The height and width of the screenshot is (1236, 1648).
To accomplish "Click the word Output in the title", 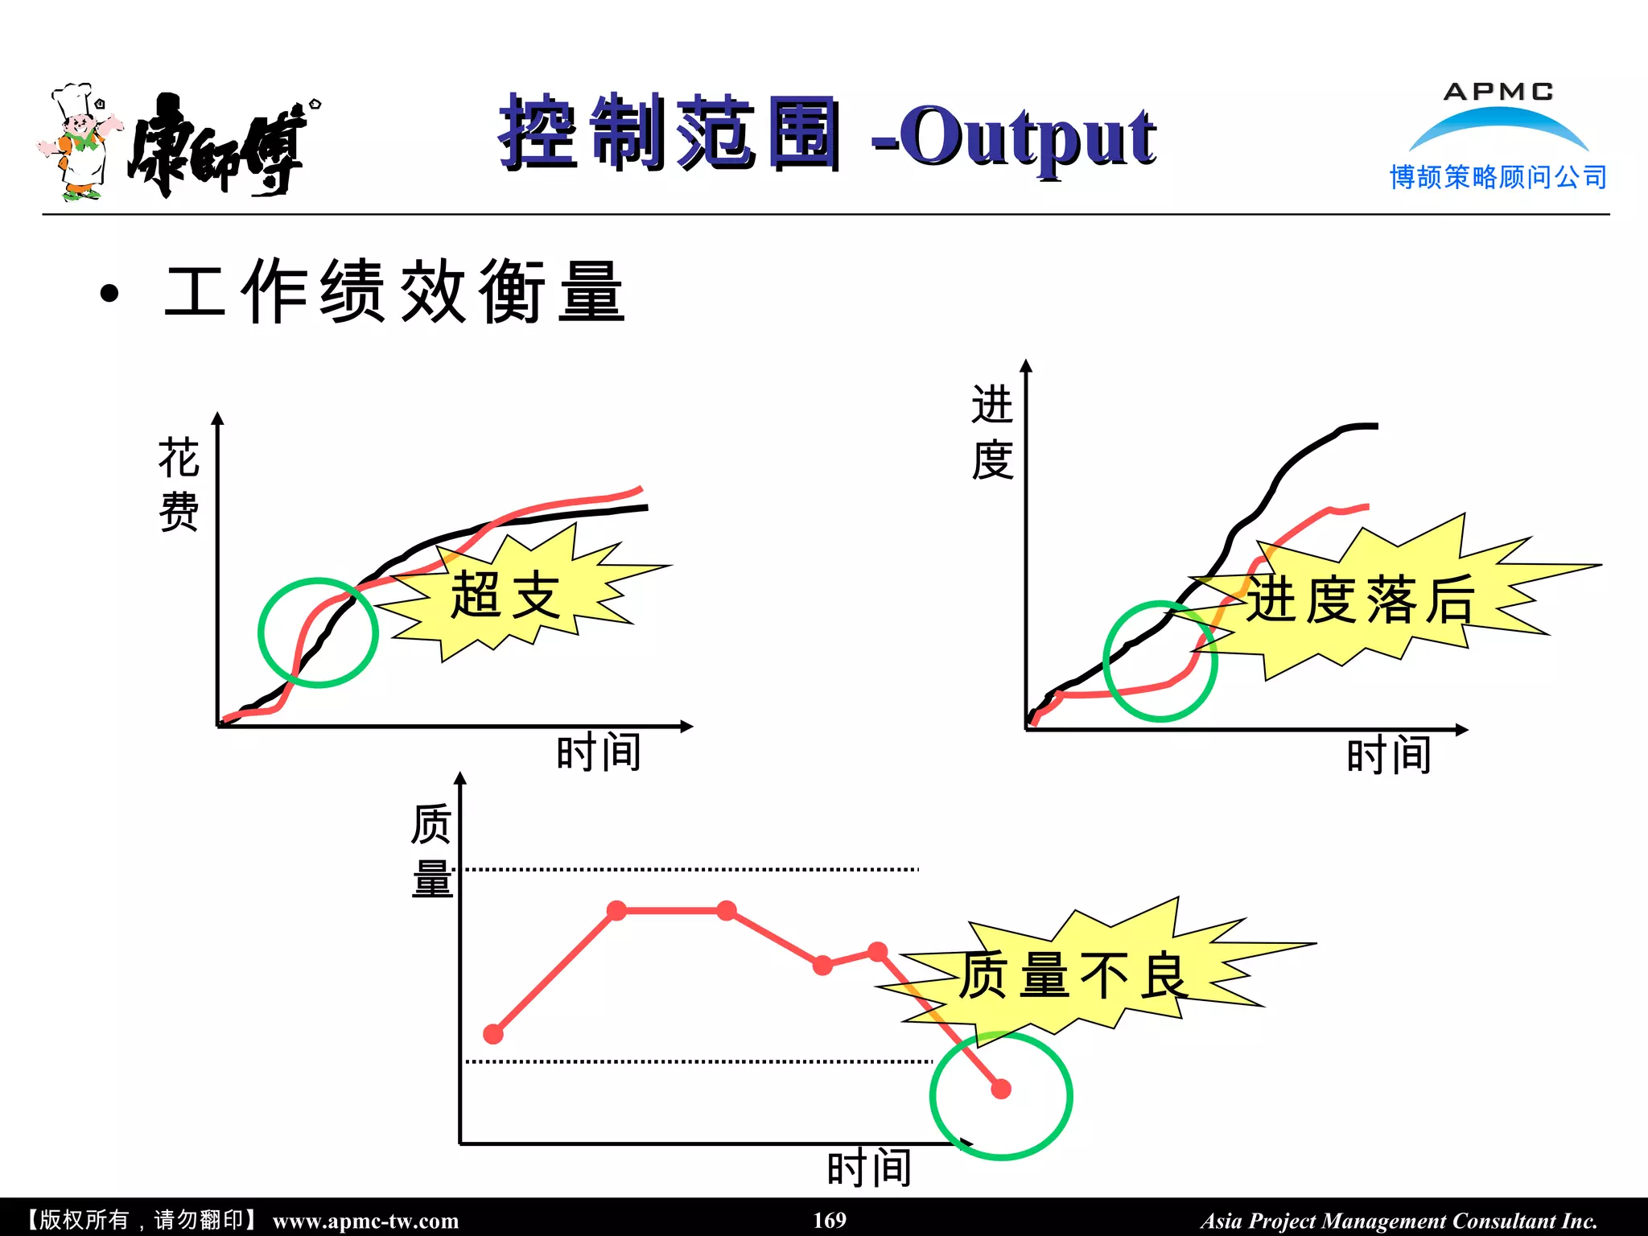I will click(1027, 137).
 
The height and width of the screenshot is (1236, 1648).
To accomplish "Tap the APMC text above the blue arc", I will click(1498, 92).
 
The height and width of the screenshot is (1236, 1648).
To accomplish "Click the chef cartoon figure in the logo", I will click(80, 142).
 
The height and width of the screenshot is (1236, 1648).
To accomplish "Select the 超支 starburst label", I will click(505, 595).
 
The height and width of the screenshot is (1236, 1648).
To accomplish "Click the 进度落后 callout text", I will click(1361, 600).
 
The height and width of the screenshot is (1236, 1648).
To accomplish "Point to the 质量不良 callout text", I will click(1073, 974).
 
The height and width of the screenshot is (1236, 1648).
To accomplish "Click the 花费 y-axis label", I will click(179, 484).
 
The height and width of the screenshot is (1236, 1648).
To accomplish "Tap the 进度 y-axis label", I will click(991, 432).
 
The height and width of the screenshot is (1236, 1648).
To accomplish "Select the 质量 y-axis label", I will click(431, 851).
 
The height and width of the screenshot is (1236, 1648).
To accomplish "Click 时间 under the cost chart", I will click(599, 753).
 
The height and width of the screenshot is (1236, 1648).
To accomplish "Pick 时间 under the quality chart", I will click(869, 1168).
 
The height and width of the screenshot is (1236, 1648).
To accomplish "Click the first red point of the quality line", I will click(493, 1034).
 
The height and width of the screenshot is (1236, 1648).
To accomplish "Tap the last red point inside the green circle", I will click(1001, 1090).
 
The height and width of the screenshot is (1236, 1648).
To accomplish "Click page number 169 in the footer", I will click(830, 1220).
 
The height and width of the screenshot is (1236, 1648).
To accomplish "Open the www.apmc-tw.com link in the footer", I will click(365, 1221).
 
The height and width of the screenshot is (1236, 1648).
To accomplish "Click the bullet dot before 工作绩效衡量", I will click(109, 294).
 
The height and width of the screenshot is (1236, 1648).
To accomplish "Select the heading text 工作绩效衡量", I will click(394, 292).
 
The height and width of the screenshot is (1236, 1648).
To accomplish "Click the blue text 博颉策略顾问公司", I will click(1498, 177).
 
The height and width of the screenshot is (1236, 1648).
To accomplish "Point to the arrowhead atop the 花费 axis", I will click(218, 418).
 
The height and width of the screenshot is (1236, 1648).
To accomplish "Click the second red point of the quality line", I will click(616, 911).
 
